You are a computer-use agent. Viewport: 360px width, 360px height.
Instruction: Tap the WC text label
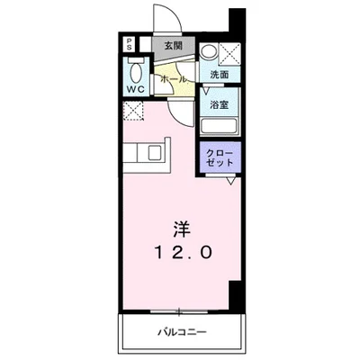pos(135,89)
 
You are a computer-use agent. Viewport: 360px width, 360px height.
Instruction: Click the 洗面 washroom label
pos(220,73)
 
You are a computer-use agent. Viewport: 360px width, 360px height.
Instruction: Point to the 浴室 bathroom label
pos(219,105)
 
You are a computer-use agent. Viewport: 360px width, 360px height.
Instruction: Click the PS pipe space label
pos(129,45)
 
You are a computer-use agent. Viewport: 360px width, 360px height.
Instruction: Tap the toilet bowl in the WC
pos(136,70)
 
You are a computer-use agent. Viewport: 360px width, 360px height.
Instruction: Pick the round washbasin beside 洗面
pos(209,52)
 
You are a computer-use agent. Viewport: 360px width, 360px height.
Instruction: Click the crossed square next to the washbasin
pos(229,52)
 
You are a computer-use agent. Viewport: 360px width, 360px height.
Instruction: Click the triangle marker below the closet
pos(231,181)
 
